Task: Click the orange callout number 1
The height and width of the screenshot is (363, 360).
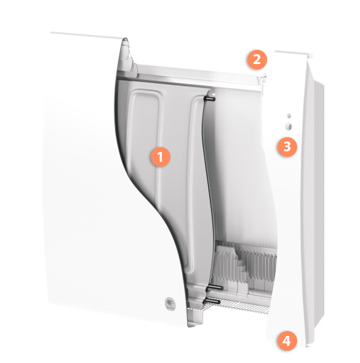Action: point(160,157)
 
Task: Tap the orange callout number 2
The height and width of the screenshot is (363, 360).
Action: point(257,60)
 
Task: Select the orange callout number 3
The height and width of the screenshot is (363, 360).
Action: point(287,147)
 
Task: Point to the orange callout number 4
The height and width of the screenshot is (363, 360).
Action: point(287,341)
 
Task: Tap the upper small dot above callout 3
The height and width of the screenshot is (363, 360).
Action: point(289,116)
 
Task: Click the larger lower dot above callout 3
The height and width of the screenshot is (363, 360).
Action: point(289,126)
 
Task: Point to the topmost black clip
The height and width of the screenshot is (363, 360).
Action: point(209,99)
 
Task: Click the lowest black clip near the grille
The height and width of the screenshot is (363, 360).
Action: point(211,301)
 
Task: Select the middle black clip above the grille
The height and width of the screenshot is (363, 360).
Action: point(215,288)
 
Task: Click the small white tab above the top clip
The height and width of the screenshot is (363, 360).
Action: point(214,95)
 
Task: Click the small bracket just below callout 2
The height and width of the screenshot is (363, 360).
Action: point(264,79)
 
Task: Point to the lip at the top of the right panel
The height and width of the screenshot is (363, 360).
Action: point(294,54)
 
